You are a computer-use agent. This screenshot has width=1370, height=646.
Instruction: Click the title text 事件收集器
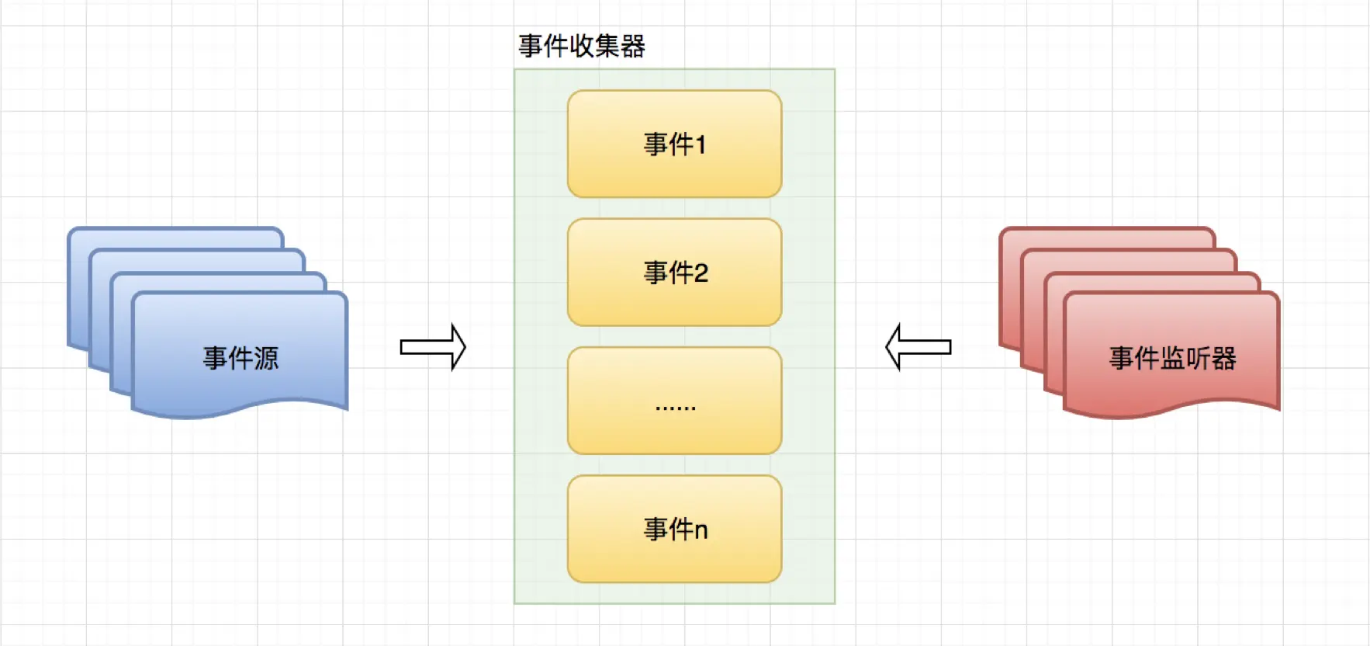click(582, 47)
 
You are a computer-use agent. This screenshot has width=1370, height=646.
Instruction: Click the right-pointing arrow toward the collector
click(432, 347)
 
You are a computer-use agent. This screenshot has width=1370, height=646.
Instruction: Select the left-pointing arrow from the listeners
click(919, 347)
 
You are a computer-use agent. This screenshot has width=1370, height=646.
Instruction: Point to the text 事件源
click(240, 358)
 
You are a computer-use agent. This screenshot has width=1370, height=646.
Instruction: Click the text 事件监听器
click(1172, 358)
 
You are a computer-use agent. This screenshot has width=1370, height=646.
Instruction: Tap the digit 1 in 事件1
click(701, 144)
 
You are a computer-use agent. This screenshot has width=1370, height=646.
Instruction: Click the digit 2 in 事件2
click(701, 273)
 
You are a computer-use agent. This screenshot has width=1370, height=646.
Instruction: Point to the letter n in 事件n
click(701, 530)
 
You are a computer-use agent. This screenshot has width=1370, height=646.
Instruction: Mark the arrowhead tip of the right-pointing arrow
click(464, 347)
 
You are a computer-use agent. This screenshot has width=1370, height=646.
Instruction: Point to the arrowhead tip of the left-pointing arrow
click(887, 347)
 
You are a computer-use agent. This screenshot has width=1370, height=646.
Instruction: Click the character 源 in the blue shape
click(266, 358)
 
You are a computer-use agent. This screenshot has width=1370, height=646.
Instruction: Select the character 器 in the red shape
click(1223, 358)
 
